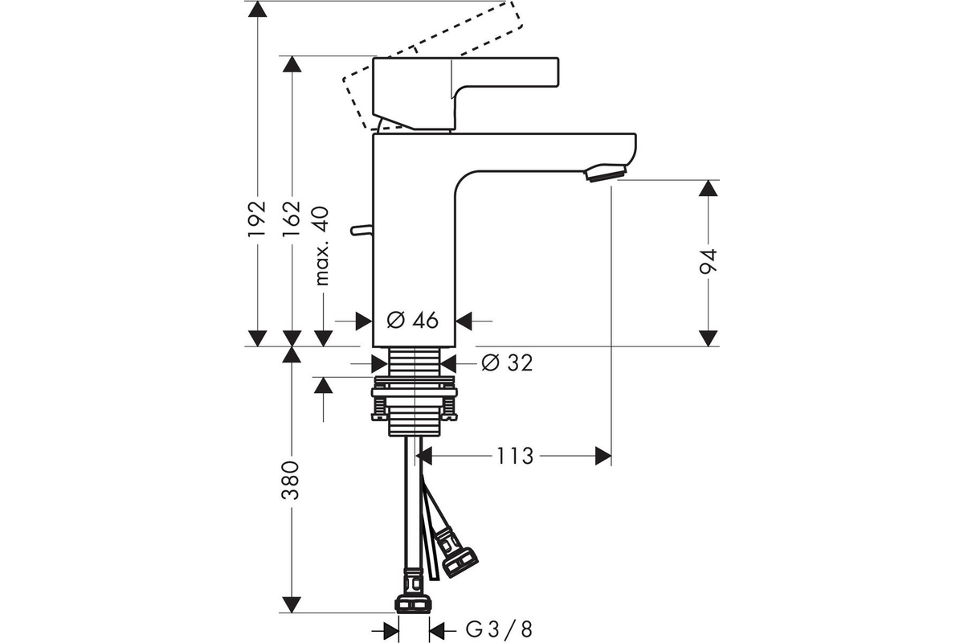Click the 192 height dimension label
(x=257, y=219)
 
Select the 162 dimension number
(x=292, y=219)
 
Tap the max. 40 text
(x=322, y=246)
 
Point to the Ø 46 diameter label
(x=412, y=320)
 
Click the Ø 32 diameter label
(x=507, y=362)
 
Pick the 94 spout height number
(x=708, y=261)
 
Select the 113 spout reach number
(x=515, y=456)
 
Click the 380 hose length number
(x=290, y=480)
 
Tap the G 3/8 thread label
(x=499, y=629)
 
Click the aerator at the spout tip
(x=605, y=173)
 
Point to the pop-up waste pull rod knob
(x=361, y=231)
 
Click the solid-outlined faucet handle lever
(x=466, y=93)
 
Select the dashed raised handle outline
(x=431, y=64)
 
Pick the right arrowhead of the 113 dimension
(x=603, y=456)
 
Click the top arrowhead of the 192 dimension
(x=257, y=9)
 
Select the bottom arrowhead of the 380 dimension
(x=292, y=604)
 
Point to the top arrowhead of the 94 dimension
(x=708, y=188)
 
